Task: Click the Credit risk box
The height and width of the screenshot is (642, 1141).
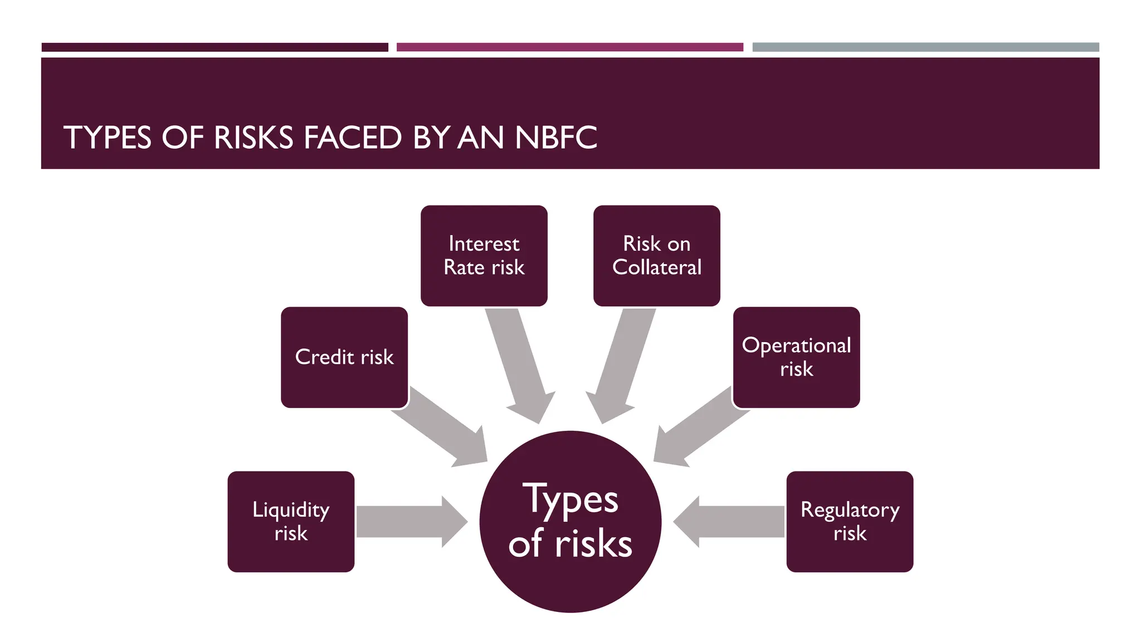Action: (x=344, y=357)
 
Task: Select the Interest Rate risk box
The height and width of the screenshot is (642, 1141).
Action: (x=484, y=255)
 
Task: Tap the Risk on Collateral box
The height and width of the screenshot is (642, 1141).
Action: (x=656, y=255)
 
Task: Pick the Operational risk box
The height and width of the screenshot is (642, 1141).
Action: (x=796, y=357)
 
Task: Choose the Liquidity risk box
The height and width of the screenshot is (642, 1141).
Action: (x=291, y=522)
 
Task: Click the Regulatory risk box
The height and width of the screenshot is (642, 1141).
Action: (x=850, y=522)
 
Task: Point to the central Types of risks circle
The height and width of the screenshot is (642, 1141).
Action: (x=570, y=522)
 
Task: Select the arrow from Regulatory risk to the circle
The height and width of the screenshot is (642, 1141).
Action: (x=730, y=522)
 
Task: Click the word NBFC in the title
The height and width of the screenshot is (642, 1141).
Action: (x=556, y=138)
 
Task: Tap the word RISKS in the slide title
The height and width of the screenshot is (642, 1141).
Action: (x=253, y=138)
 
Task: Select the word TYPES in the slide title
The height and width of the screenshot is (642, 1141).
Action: (x=107, y=138)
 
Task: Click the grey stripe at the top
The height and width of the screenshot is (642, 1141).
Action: (x=925, y=47)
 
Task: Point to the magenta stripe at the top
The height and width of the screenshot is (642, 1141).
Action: (x=569, y=47)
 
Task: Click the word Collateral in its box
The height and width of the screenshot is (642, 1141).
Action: (x=657, y=267)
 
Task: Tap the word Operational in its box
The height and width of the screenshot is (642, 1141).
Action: (x=796, y=346)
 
